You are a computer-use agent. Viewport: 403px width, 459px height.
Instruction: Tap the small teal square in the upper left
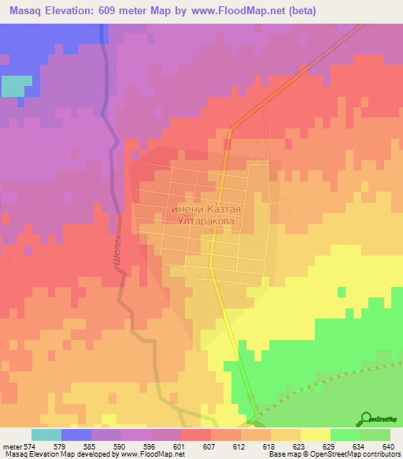click(13, 86)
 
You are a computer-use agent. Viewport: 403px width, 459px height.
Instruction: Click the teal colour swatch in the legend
click(46, 435)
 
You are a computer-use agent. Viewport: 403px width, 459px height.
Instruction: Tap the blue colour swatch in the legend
click(76, 435)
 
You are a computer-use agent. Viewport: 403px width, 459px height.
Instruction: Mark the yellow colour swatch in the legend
click(315, 435)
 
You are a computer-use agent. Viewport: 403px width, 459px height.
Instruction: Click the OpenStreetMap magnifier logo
click(368, 419)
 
